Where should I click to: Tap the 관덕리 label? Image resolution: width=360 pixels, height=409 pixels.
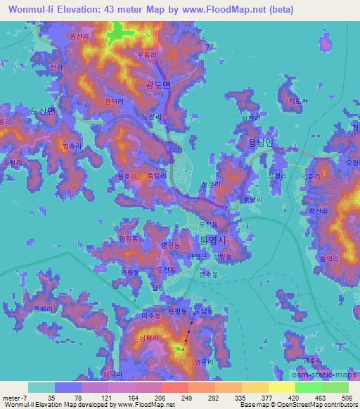[x=113, y=102]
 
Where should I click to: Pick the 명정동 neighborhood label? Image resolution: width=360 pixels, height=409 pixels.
[x=171, y=245]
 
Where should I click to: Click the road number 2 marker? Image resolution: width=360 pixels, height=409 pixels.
[x=170, y=148]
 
